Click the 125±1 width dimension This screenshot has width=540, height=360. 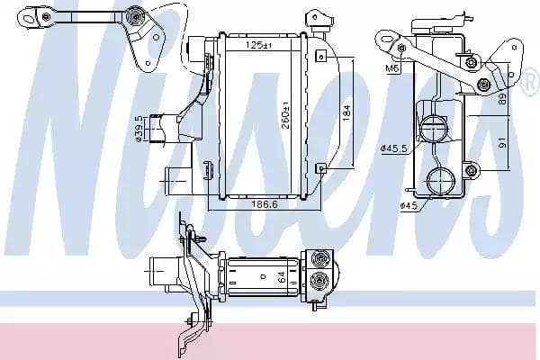(x=259, y=44)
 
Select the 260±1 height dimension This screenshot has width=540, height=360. (x=286, y=114)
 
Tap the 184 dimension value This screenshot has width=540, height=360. (x=346, y=112)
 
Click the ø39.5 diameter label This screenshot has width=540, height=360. (x=139, y=128)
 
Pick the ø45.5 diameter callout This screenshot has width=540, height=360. (x=394, y=148)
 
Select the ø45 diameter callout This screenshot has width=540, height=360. (x=409, y=206)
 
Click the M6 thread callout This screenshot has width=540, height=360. (x=392, y=68)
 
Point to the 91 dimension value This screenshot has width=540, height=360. (x=503, y=142)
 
